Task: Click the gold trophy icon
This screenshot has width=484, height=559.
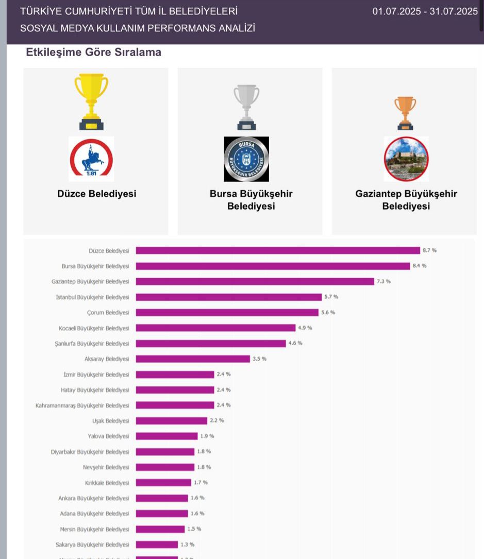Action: pyautogui.click(x=91, y=101)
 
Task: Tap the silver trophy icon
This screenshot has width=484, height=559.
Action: pyautogui.click(x=246, y=107)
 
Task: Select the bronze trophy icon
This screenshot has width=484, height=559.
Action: pyautogui.click(x=405, y=113)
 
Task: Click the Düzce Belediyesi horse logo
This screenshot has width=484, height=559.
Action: pyautogui.click(x=91, y=159)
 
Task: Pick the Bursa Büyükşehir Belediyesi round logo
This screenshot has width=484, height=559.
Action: pyautogui.click(x=246, y=159)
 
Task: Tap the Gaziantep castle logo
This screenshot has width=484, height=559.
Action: pyautogui.click(x=406, y=159)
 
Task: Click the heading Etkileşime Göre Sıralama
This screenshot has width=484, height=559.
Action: pyautogui.click(x=93, y=53)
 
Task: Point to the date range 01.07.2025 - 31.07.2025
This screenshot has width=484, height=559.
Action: pyautogui.click(x=425, y=11)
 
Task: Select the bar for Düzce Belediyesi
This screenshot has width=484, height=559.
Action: pyautogui.click(x=278, y=250)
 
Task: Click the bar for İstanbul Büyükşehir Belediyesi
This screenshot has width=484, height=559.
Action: pyautogui.click(x=228, y=297)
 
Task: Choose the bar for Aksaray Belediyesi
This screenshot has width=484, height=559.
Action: pyautogui.click(x=193, y=359)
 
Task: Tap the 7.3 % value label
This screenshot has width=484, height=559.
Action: pyautogui.click(x=383, y=281)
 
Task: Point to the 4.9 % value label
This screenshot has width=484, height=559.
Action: pyautogui.click(x=305, y=328)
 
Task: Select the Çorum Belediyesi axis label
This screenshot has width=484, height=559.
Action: pyautogui.click(x=108, y=313)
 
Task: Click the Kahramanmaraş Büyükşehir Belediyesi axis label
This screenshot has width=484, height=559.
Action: pyautogui.click(x=82, y=405)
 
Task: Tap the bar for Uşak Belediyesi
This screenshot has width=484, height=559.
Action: pyautogui.click(x=172, y=421)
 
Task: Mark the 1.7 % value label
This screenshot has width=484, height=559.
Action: pyautogui.click(x=201, y=482)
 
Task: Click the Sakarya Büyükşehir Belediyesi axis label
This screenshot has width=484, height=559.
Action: pyautogui.click(x=92, y=545)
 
